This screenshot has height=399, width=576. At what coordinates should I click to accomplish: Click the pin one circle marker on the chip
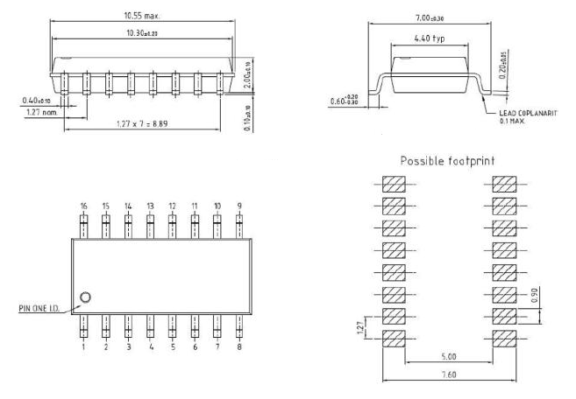point(85,298)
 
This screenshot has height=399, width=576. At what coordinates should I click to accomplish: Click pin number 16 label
point(83,206)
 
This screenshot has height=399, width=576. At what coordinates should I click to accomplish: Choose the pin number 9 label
point(238,206)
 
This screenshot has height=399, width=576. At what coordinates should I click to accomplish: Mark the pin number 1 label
point(84,347)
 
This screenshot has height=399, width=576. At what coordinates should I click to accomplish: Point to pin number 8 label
point(238,347)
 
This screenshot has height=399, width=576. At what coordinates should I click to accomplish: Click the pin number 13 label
point(150,206)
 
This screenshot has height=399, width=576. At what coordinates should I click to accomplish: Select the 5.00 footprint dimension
point(449,357)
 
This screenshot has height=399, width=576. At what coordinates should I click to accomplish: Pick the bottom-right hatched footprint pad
point(504,337)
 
